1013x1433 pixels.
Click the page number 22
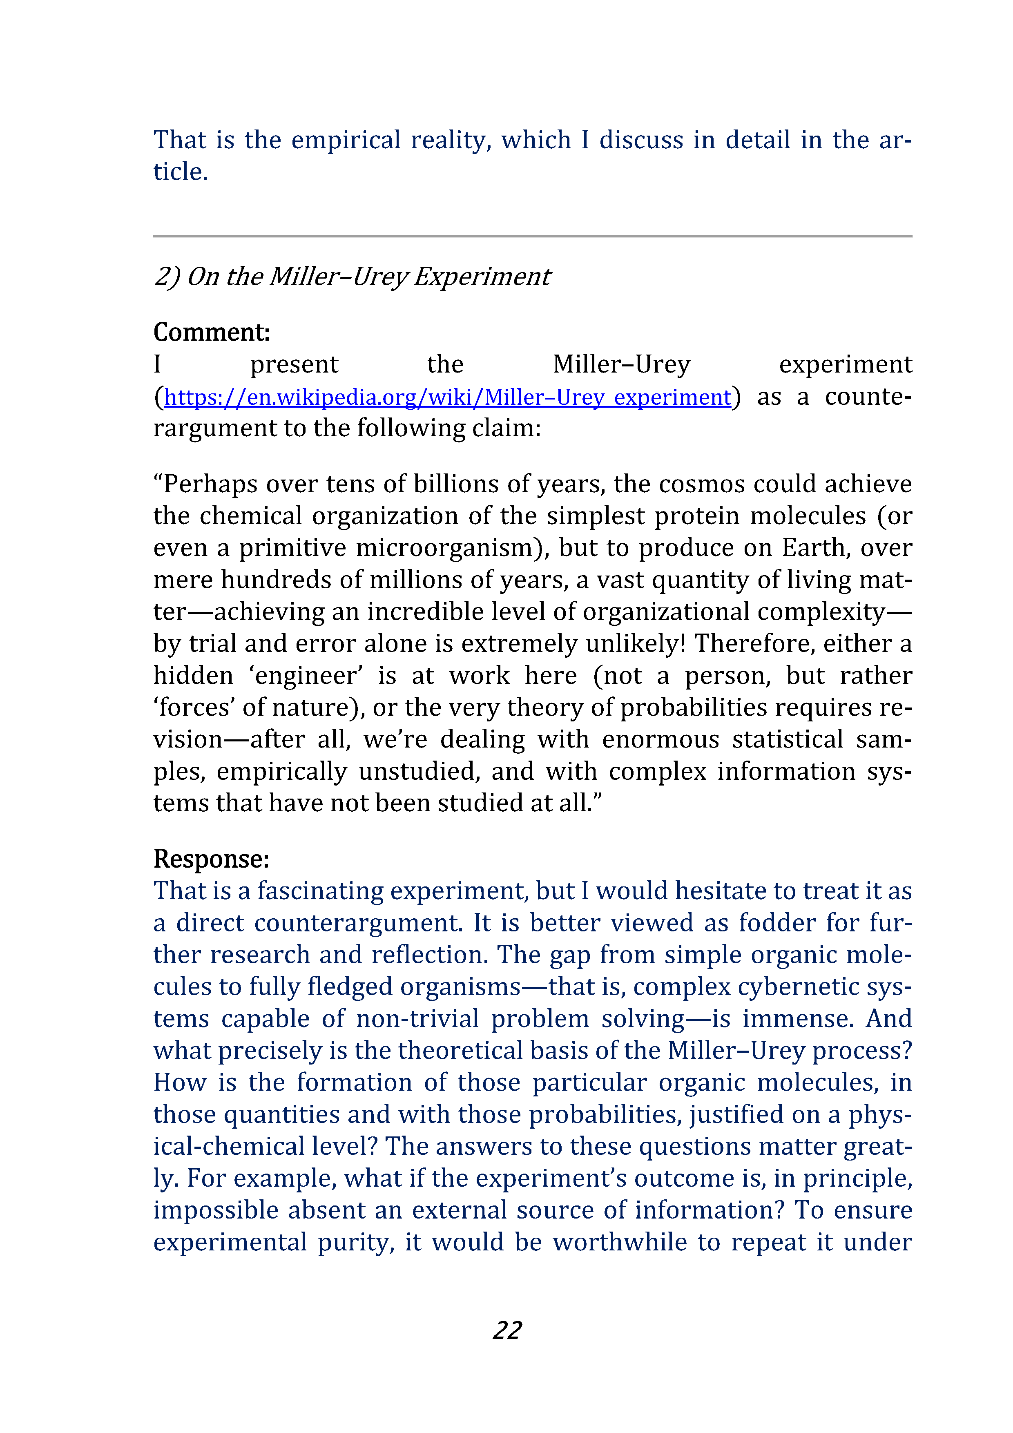click(x=507, y=1330)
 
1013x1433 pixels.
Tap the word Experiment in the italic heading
click(x=482, y=277)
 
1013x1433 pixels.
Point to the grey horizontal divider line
click(x=532, y=236)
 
